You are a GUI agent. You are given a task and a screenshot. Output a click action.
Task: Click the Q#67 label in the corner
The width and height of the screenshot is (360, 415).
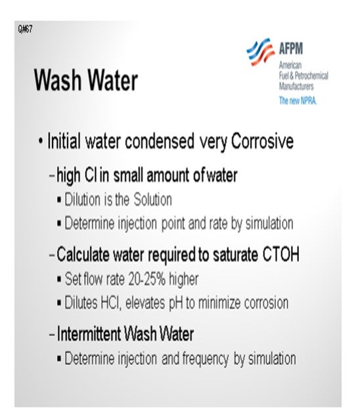[x=26, y=29]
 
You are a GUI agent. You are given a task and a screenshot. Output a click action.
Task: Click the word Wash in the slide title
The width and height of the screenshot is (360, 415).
[x=58, y=80]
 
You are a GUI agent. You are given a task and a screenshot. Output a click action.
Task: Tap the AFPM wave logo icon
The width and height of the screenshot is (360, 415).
[x=260, y=52]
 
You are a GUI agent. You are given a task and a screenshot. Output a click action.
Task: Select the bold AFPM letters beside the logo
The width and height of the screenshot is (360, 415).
[x=290, y=49]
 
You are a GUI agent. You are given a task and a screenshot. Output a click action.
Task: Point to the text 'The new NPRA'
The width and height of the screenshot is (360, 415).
[x=298, y=100]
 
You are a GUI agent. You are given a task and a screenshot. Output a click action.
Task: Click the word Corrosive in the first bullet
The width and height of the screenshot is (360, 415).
[x=262, y=141]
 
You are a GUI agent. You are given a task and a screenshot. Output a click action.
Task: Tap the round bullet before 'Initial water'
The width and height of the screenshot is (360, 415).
[x=40, y=141]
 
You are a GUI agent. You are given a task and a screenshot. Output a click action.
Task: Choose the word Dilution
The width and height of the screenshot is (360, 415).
[x=83, y=200]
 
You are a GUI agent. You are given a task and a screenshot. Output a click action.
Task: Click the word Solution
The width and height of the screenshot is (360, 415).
[x=152, y=200]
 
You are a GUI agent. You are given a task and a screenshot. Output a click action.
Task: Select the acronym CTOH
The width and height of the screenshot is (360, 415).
[x=281, y=255]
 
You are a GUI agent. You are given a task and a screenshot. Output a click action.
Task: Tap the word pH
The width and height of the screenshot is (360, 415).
[x=176, y=303]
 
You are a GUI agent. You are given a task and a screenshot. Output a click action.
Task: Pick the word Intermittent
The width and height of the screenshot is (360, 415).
[x=89, y=334]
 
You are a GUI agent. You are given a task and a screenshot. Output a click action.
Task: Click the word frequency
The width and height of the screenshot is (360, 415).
[x=206, y=359]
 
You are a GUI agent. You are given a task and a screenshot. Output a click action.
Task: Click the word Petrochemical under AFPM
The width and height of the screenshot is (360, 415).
[x=311, y=76]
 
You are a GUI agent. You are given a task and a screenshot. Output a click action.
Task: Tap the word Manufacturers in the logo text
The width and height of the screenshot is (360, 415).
[x=296, y=86]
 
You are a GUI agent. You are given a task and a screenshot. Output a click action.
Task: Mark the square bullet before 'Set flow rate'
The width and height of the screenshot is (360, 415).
[x=59, y=279]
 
